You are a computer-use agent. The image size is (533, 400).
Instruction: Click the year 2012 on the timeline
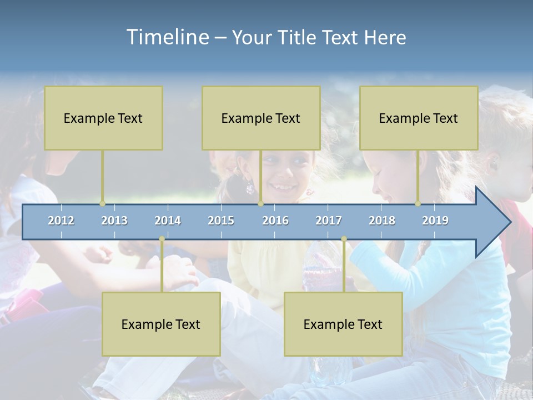click(x=61, y=221)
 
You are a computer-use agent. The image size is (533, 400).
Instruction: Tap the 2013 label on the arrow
click(x=114, y=221)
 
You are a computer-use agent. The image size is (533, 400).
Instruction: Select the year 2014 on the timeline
click(x=168, y=221)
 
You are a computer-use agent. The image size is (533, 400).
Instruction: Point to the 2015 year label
click(x=221, y=221)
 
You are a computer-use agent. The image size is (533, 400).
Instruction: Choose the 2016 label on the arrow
click(x=275, y=221)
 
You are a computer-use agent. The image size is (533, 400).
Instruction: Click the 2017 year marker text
click(x=329, y=221)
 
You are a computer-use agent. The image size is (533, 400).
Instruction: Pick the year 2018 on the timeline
click(x=382, y=221)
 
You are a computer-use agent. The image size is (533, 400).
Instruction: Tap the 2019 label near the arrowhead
click(x=435, y=221)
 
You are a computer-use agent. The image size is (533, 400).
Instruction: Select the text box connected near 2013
click(x=103, y=118)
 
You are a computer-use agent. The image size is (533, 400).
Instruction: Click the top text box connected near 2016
click(x=261, y=118)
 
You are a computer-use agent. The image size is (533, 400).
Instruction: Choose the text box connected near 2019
click(x=419, y=118)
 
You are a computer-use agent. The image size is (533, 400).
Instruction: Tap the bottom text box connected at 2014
click(x=161, y=324)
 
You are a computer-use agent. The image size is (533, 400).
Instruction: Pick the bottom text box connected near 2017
click(x=343, y=324)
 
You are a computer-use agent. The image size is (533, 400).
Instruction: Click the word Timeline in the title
click(x=167, y=37)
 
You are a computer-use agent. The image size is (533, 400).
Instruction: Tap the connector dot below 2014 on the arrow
click(x=162, y=239)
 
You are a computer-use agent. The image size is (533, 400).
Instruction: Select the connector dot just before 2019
click(x=418, y=204)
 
